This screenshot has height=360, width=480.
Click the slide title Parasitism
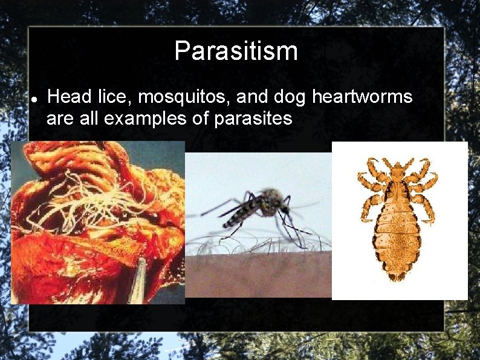(236, 51)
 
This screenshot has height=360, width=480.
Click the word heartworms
(363, 97)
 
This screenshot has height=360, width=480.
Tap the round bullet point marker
(34, 99)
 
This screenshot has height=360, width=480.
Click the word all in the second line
(91, 119)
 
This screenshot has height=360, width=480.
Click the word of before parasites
(199, 119)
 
